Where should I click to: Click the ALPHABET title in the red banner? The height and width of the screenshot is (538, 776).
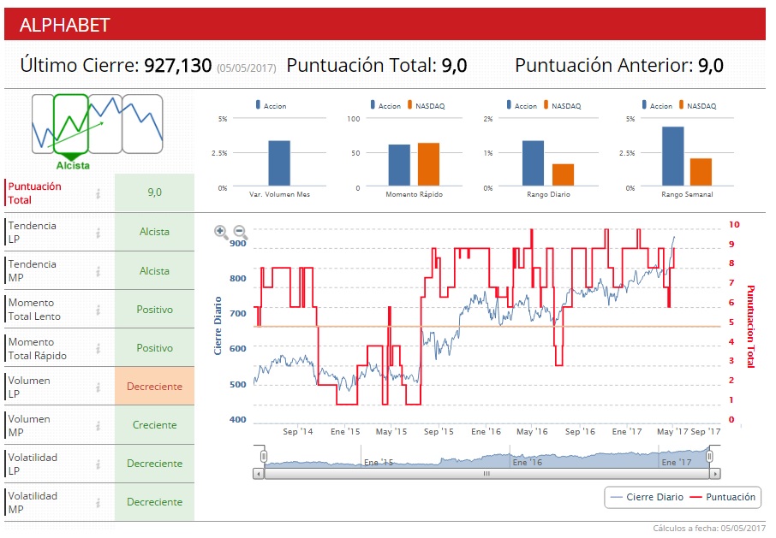(x=65, y=25)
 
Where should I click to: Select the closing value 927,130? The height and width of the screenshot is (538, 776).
(x=177, y=65)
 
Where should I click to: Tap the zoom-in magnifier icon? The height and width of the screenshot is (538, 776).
(x=221, y=231)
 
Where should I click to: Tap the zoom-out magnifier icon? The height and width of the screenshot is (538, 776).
(x=241, y=231)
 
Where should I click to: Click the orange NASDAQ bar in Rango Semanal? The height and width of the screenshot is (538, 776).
(x=701, y=172)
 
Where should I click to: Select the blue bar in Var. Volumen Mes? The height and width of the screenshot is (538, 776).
(x=279, y=163)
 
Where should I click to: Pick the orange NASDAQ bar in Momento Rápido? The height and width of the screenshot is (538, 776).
(x=428, y=164)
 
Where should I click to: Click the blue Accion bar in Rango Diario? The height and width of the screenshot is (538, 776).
(x=533, y=163)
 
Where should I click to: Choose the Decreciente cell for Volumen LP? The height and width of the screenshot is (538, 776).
(x=154, y=387)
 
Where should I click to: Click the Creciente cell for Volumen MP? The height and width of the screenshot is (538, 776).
(x=154, y=425)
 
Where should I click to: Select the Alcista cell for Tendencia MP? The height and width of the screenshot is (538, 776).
(x=154, y=271)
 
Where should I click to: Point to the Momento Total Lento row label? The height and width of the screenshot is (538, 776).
(x=34, y=310)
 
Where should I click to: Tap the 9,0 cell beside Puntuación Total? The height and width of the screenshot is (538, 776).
(x=154, y=192)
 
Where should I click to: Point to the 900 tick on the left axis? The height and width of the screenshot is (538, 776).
(x=237, y=244)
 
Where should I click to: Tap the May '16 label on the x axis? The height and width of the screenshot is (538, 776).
(x=531, y=432)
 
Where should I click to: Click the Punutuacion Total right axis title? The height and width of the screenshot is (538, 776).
(x=751, y=326)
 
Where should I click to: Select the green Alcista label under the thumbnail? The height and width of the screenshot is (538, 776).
(x=73, y=166)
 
